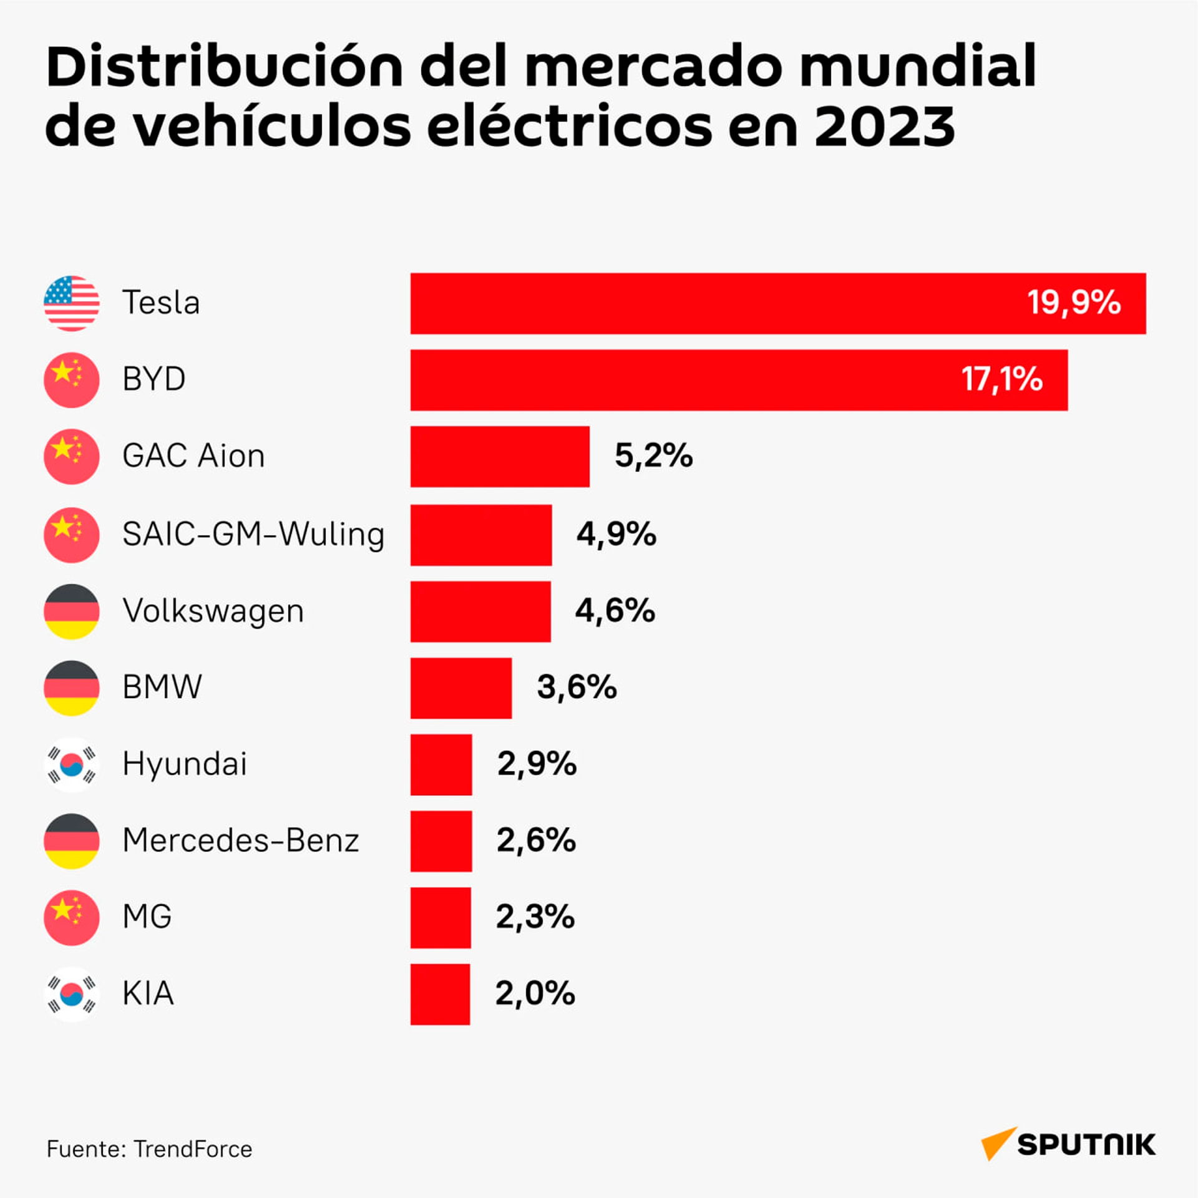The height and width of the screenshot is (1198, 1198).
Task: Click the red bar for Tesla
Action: tap(778, 303)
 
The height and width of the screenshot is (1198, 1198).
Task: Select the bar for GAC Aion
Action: tap(500, 457)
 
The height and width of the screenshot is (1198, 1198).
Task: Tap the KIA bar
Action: tap(440, 994)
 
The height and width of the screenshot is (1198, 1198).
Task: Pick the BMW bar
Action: tap(461, 688)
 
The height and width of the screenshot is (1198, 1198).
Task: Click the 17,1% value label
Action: tap(1001, 379)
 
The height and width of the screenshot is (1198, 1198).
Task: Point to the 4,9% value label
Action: tap(616, 534)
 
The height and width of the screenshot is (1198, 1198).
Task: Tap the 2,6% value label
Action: tap(537, 840)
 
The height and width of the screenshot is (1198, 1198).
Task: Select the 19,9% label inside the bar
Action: tap(1074, 303)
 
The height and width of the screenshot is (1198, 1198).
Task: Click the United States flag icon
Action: tap(72, 303)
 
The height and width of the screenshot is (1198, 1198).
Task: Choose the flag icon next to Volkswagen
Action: tap(72, 611)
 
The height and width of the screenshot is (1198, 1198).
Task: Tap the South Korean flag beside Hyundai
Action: tap(72, 764)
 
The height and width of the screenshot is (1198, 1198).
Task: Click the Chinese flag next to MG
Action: tap(72, 918)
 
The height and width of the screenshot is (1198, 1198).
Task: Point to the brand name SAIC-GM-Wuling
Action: tap(253, 535)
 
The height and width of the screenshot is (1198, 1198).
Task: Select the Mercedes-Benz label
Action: tap(241, 840)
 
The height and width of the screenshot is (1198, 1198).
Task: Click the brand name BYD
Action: tap(154, 379)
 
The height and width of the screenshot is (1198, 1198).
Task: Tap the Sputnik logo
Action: tap(1068, 1144)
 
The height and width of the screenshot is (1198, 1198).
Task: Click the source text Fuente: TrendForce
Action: tap(149, 1149)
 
